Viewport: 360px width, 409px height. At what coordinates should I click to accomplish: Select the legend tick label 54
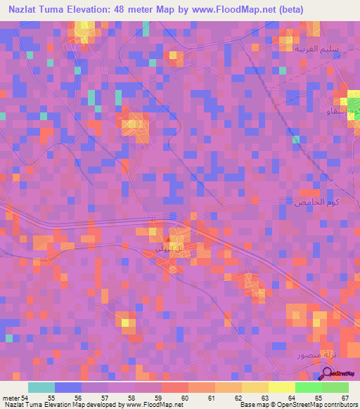tap(25, 397)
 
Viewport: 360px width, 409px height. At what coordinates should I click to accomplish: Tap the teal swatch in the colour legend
tap(41, 387)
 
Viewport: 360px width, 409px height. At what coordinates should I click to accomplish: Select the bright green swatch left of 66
tap(309, 387)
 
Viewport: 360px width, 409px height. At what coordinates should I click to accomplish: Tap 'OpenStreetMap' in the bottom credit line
tap(293, 405)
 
